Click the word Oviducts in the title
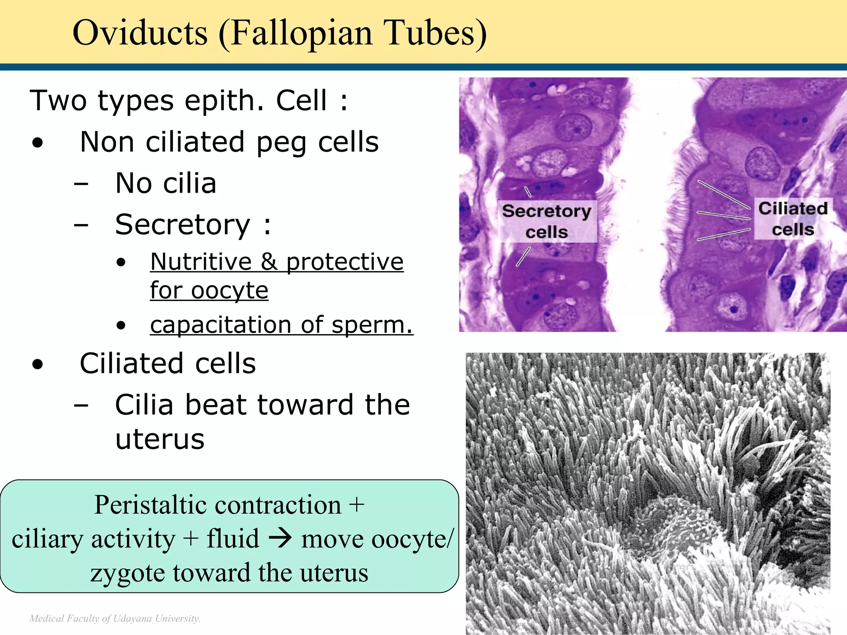point(140,33)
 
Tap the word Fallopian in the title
point(301,33)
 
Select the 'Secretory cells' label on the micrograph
point(547,222)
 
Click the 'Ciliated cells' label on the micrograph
point(793,219)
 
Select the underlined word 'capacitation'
point(220,325)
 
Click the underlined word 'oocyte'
point(230,290)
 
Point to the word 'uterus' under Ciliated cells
point(160,439)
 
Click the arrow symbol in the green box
point(280,538)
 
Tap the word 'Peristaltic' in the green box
point(156,505)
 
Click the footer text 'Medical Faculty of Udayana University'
point(115,618)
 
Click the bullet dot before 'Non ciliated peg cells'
point(38,143)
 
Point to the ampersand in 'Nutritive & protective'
point(269,262)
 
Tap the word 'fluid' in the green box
point(233,538)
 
